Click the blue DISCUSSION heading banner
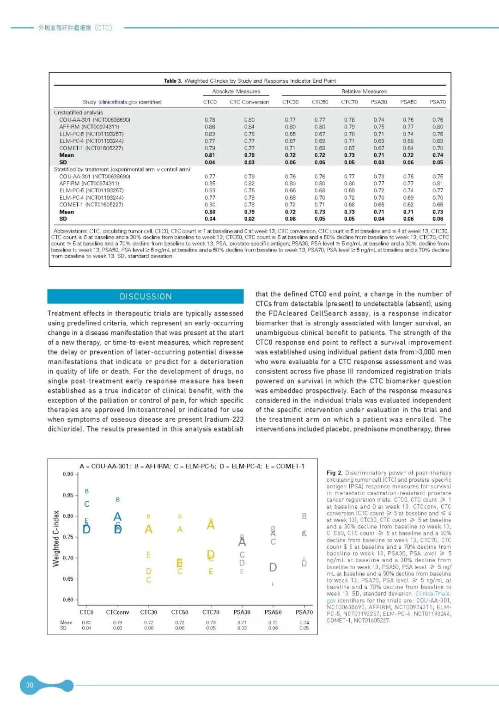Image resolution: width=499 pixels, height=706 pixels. tap(146, 296)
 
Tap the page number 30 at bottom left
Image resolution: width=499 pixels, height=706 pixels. tap(30, 685)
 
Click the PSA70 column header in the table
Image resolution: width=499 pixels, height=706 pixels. tap(438, 102)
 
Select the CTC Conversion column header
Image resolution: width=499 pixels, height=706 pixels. tap(249, 102)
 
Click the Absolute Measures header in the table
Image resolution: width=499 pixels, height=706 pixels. tap(236, 92)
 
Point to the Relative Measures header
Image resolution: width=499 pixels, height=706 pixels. tap(364, 92)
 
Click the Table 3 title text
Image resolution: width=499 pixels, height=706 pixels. tap(250, 81)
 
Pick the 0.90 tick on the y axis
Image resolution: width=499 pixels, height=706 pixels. tap(68, 474)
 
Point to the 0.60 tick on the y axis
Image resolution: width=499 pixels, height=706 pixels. tap(68, 600)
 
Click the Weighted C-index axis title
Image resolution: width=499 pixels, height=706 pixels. tap(56, 539)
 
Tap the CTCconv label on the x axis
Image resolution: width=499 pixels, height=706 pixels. tap(117, 612)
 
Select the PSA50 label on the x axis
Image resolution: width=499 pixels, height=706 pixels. tap(273, 612)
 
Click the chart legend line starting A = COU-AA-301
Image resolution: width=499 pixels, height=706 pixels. tap(192, 466)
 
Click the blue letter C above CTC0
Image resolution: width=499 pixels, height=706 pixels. tap(87, 504)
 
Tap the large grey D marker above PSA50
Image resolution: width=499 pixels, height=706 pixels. tap(273, 567)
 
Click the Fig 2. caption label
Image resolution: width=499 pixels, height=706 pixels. tap(335, 473)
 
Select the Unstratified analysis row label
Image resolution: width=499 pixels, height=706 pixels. tap(79, 112)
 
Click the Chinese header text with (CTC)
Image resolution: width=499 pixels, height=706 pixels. tap(75, 28)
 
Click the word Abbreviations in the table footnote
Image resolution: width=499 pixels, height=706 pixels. tap(70, 231)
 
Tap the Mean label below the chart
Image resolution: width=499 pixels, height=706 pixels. tap(66, 622)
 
